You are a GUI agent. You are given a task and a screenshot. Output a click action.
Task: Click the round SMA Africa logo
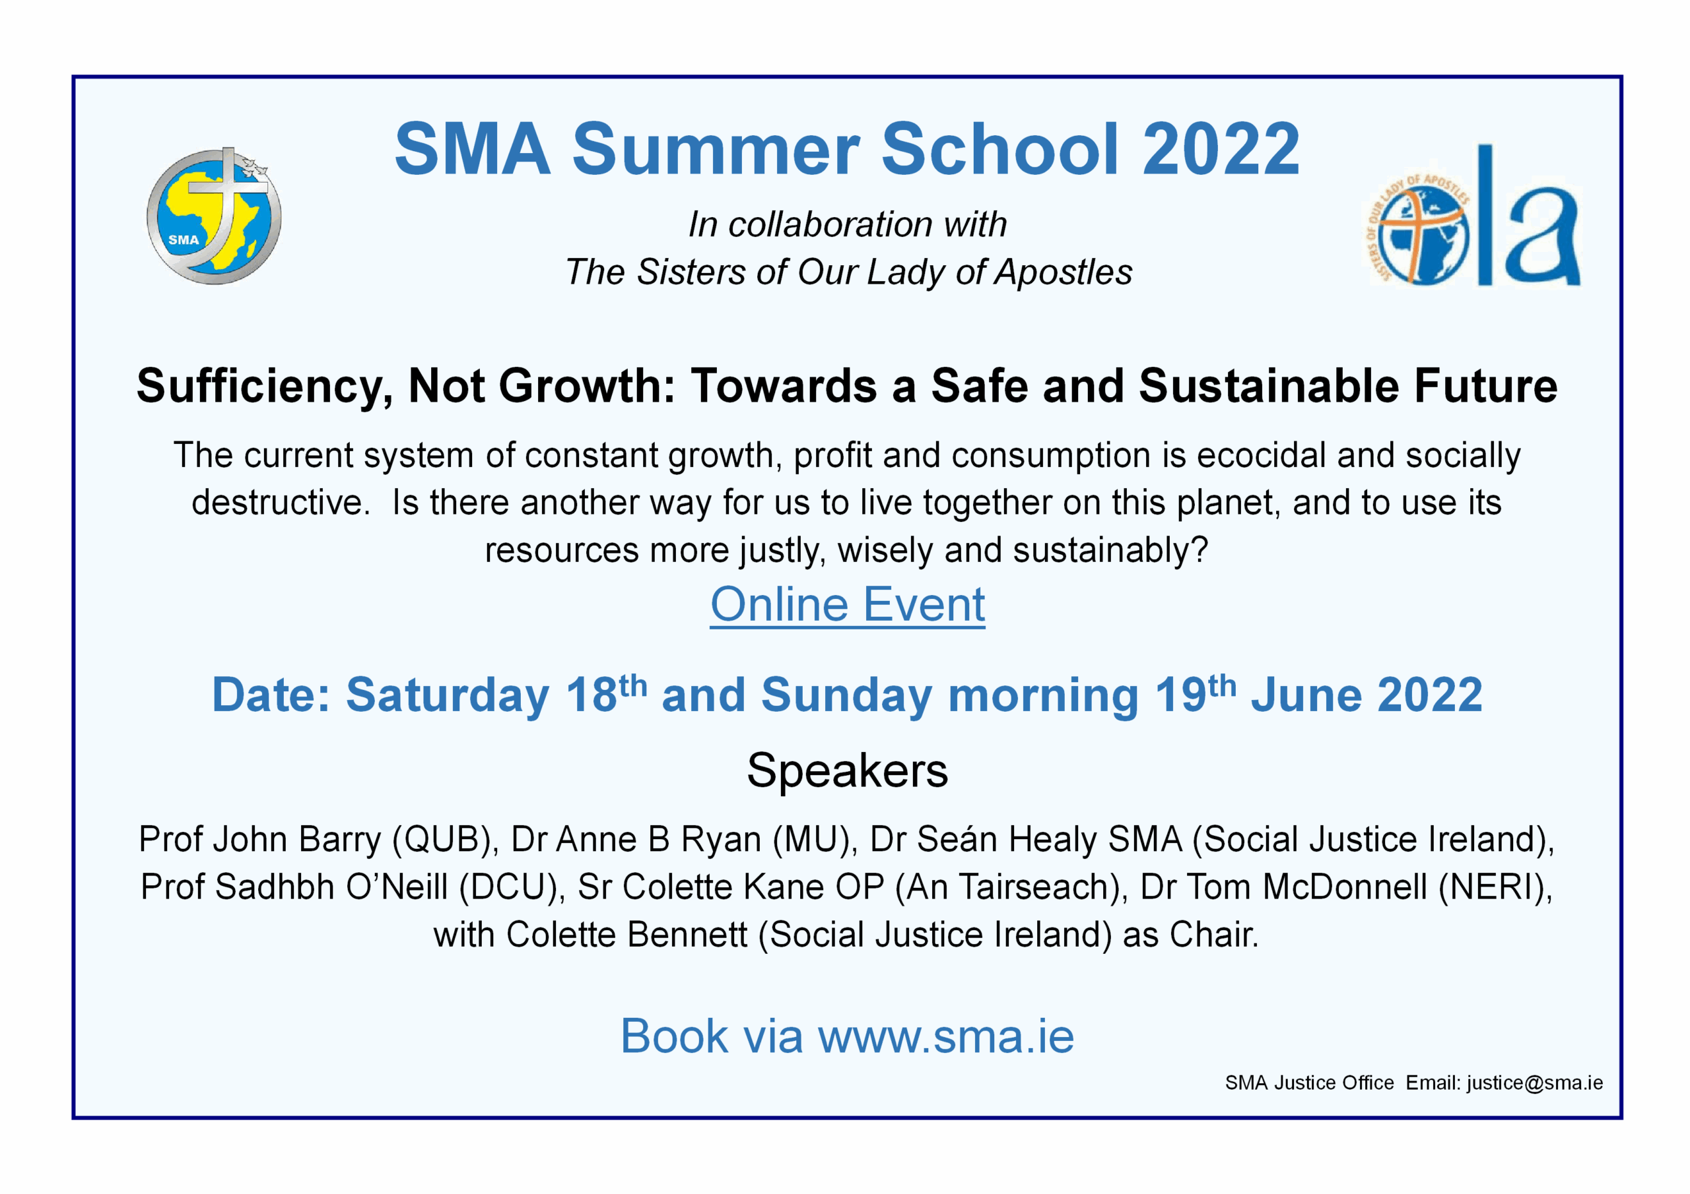[x=214, y=216]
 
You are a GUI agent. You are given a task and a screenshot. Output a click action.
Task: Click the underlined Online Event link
[x=847, y=605]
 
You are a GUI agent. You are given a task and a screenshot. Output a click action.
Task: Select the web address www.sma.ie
[x=946, y=1036]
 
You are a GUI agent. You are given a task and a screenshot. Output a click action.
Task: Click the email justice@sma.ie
[x=1535, y=1083]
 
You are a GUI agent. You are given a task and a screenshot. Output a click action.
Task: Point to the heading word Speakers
[x=847, y=771]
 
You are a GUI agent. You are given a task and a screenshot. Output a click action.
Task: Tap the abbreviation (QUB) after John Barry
[x=446, y=839]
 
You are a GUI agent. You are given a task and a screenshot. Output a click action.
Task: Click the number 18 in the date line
[x=591, y=695]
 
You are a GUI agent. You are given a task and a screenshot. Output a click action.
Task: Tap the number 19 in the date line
[x=1180, y=695]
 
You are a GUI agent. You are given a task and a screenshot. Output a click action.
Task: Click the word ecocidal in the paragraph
[x=1261, y=455]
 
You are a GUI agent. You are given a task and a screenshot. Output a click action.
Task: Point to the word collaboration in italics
[x=831, y=224]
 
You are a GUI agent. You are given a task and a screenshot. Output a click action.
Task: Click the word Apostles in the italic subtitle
[x=1063, y=272]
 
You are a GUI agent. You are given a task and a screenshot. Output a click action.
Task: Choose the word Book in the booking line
[x=675, y=1036]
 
